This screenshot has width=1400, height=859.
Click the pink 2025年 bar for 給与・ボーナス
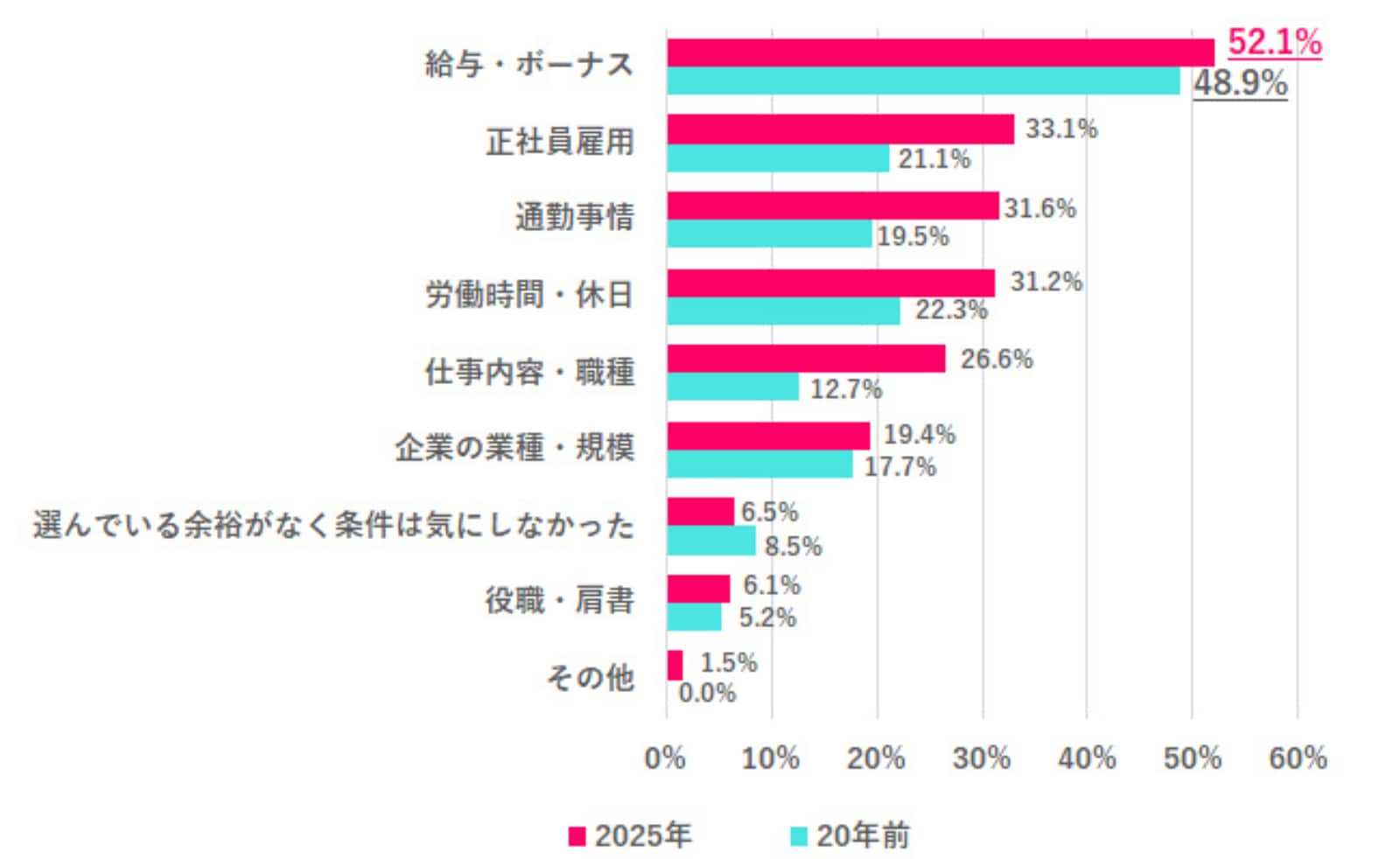[940, 52]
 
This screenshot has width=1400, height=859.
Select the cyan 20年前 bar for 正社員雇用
[778, 158]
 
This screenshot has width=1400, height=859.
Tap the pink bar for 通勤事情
[832, 206]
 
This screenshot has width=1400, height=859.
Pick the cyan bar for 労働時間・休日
[783, 311]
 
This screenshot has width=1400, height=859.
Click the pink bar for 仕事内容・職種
[806, 359]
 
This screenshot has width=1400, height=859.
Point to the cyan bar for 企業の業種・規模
[759, 464]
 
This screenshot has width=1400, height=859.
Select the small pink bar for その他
[675, 665]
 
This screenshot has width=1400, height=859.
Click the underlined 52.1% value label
[1274, 42]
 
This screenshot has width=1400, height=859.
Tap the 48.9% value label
[1240, 84]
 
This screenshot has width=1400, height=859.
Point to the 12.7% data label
[845, 388]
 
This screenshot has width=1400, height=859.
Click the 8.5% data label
[793, 547]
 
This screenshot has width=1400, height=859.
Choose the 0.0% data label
[707, 694]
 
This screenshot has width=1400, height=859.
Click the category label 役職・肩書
[560, 601]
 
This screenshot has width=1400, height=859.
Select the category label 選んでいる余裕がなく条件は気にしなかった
[333, 526]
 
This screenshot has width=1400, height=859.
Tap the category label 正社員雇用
[560, 142]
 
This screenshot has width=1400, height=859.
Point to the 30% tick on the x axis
[982, 758]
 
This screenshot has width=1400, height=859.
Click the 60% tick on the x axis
[1298, 758]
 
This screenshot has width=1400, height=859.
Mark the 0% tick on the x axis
[665, 758]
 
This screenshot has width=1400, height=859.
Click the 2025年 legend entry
[629, 835]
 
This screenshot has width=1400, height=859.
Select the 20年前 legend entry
[850, 835]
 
